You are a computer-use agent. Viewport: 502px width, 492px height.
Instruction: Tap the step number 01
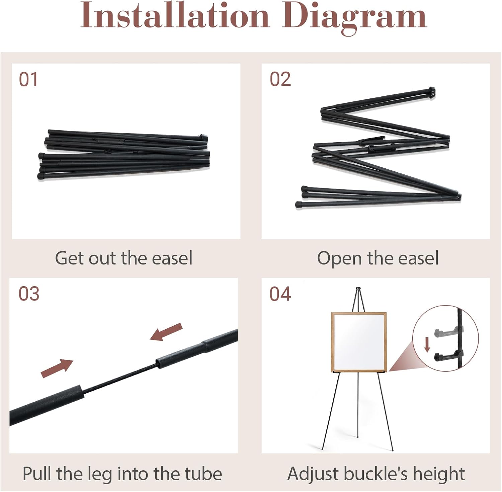28,79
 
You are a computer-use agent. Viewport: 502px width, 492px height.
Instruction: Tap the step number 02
280,79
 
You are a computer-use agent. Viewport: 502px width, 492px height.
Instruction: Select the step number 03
29,294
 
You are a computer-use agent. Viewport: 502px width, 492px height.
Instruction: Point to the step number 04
280,294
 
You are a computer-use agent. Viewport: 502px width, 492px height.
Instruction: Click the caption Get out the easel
123,258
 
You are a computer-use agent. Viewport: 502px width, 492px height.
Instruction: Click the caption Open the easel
378,258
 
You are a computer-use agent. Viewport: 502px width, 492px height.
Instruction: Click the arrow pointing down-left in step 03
166,332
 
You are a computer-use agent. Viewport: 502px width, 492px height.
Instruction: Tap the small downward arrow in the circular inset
427,345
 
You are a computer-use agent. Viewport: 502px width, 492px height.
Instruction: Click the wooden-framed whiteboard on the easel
359,342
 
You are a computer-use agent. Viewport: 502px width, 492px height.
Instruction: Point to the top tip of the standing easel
358,288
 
